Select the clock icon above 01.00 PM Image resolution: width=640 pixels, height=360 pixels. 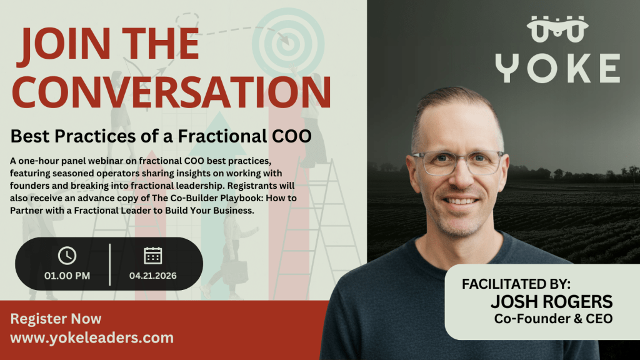point(67,256)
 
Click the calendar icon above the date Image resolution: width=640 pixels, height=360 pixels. point(153,255)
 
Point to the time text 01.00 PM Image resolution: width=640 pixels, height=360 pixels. point(67,275)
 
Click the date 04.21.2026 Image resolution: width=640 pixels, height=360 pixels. point(153,275)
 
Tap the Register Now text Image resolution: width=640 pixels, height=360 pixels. point(47,319)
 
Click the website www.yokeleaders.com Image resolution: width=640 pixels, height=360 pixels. point(92,338)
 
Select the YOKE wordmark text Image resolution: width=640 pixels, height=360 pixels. point(557,69)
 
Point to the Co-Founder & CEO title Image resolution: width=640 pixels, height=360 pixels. point(553,319)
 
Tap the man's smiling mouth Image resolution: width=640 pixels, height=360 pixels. point(460,201)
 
